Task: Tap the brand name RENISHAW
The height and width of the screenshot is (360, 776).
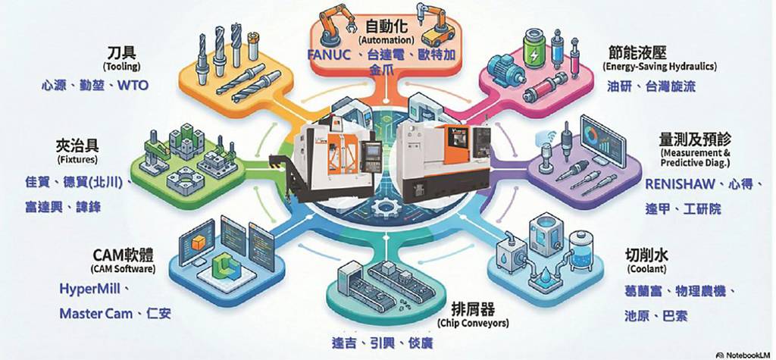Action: pyautogui.click(x=680, y=185)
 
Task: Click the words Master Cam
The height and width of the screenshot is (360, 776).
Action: pyautogui.click(x=96, y=314)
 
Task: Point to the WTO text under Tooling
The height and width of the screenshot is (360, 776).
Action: pyautogui.click(x=133, y=86)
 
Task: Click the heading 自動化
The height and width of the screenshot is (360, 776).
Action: pyautogui.click(x=386, y=26)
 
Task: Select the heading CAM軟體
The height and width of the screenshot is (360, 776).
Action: pyautogui.click(x=124, y=256)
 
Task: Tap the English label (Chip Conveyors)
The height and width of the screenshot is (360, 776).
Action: pyautogui.click(x=473, y=324)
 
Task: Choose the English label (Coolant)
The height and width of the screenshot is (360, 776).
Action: pyautogui.click(x=646, y=269)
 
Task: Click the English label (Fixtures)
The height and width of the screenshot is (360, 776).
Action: pyautogui.click(x=77, y=160)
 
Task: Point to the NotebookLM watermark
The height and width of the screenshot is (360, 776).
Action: pyautogui.click(x=744, y=355)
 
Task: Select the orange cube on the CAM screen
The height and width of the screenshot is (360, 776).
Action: pyautogui.click(x=199, y=243)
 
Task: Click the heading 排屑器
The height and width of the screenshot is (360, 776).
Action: pyautogui.click(x=473, y=310)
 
